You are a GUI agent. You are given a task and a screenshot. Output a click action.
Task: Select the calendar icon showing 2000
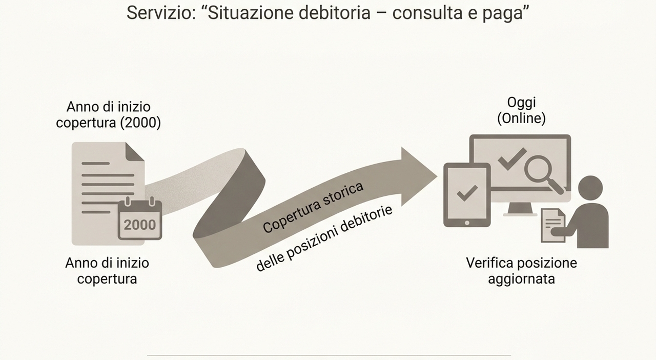140,220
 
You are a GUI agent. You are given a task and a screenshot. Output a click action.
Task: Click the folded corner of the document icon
135,151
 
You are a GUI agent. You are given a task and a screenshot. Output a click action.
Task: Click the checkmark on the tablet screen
467,193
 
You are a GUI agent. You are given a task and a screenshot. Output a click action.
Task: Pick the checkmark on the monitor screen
512,158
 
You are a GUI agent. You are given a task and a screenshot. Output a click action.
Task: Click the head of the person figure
590,188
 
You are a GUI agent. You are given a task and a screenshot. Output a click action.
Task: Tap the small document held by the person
553,225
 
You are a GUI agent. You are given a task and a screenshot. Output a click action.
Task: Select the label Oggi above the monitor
521,103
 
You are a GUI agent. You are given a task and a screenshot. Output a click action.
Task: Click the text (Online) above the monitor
521,118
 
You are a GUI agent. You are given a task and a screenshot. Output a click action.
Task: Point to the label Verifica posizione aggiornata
521,271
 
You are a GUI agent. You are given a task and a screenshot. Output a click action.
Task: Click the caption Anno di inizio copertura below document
107,271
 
